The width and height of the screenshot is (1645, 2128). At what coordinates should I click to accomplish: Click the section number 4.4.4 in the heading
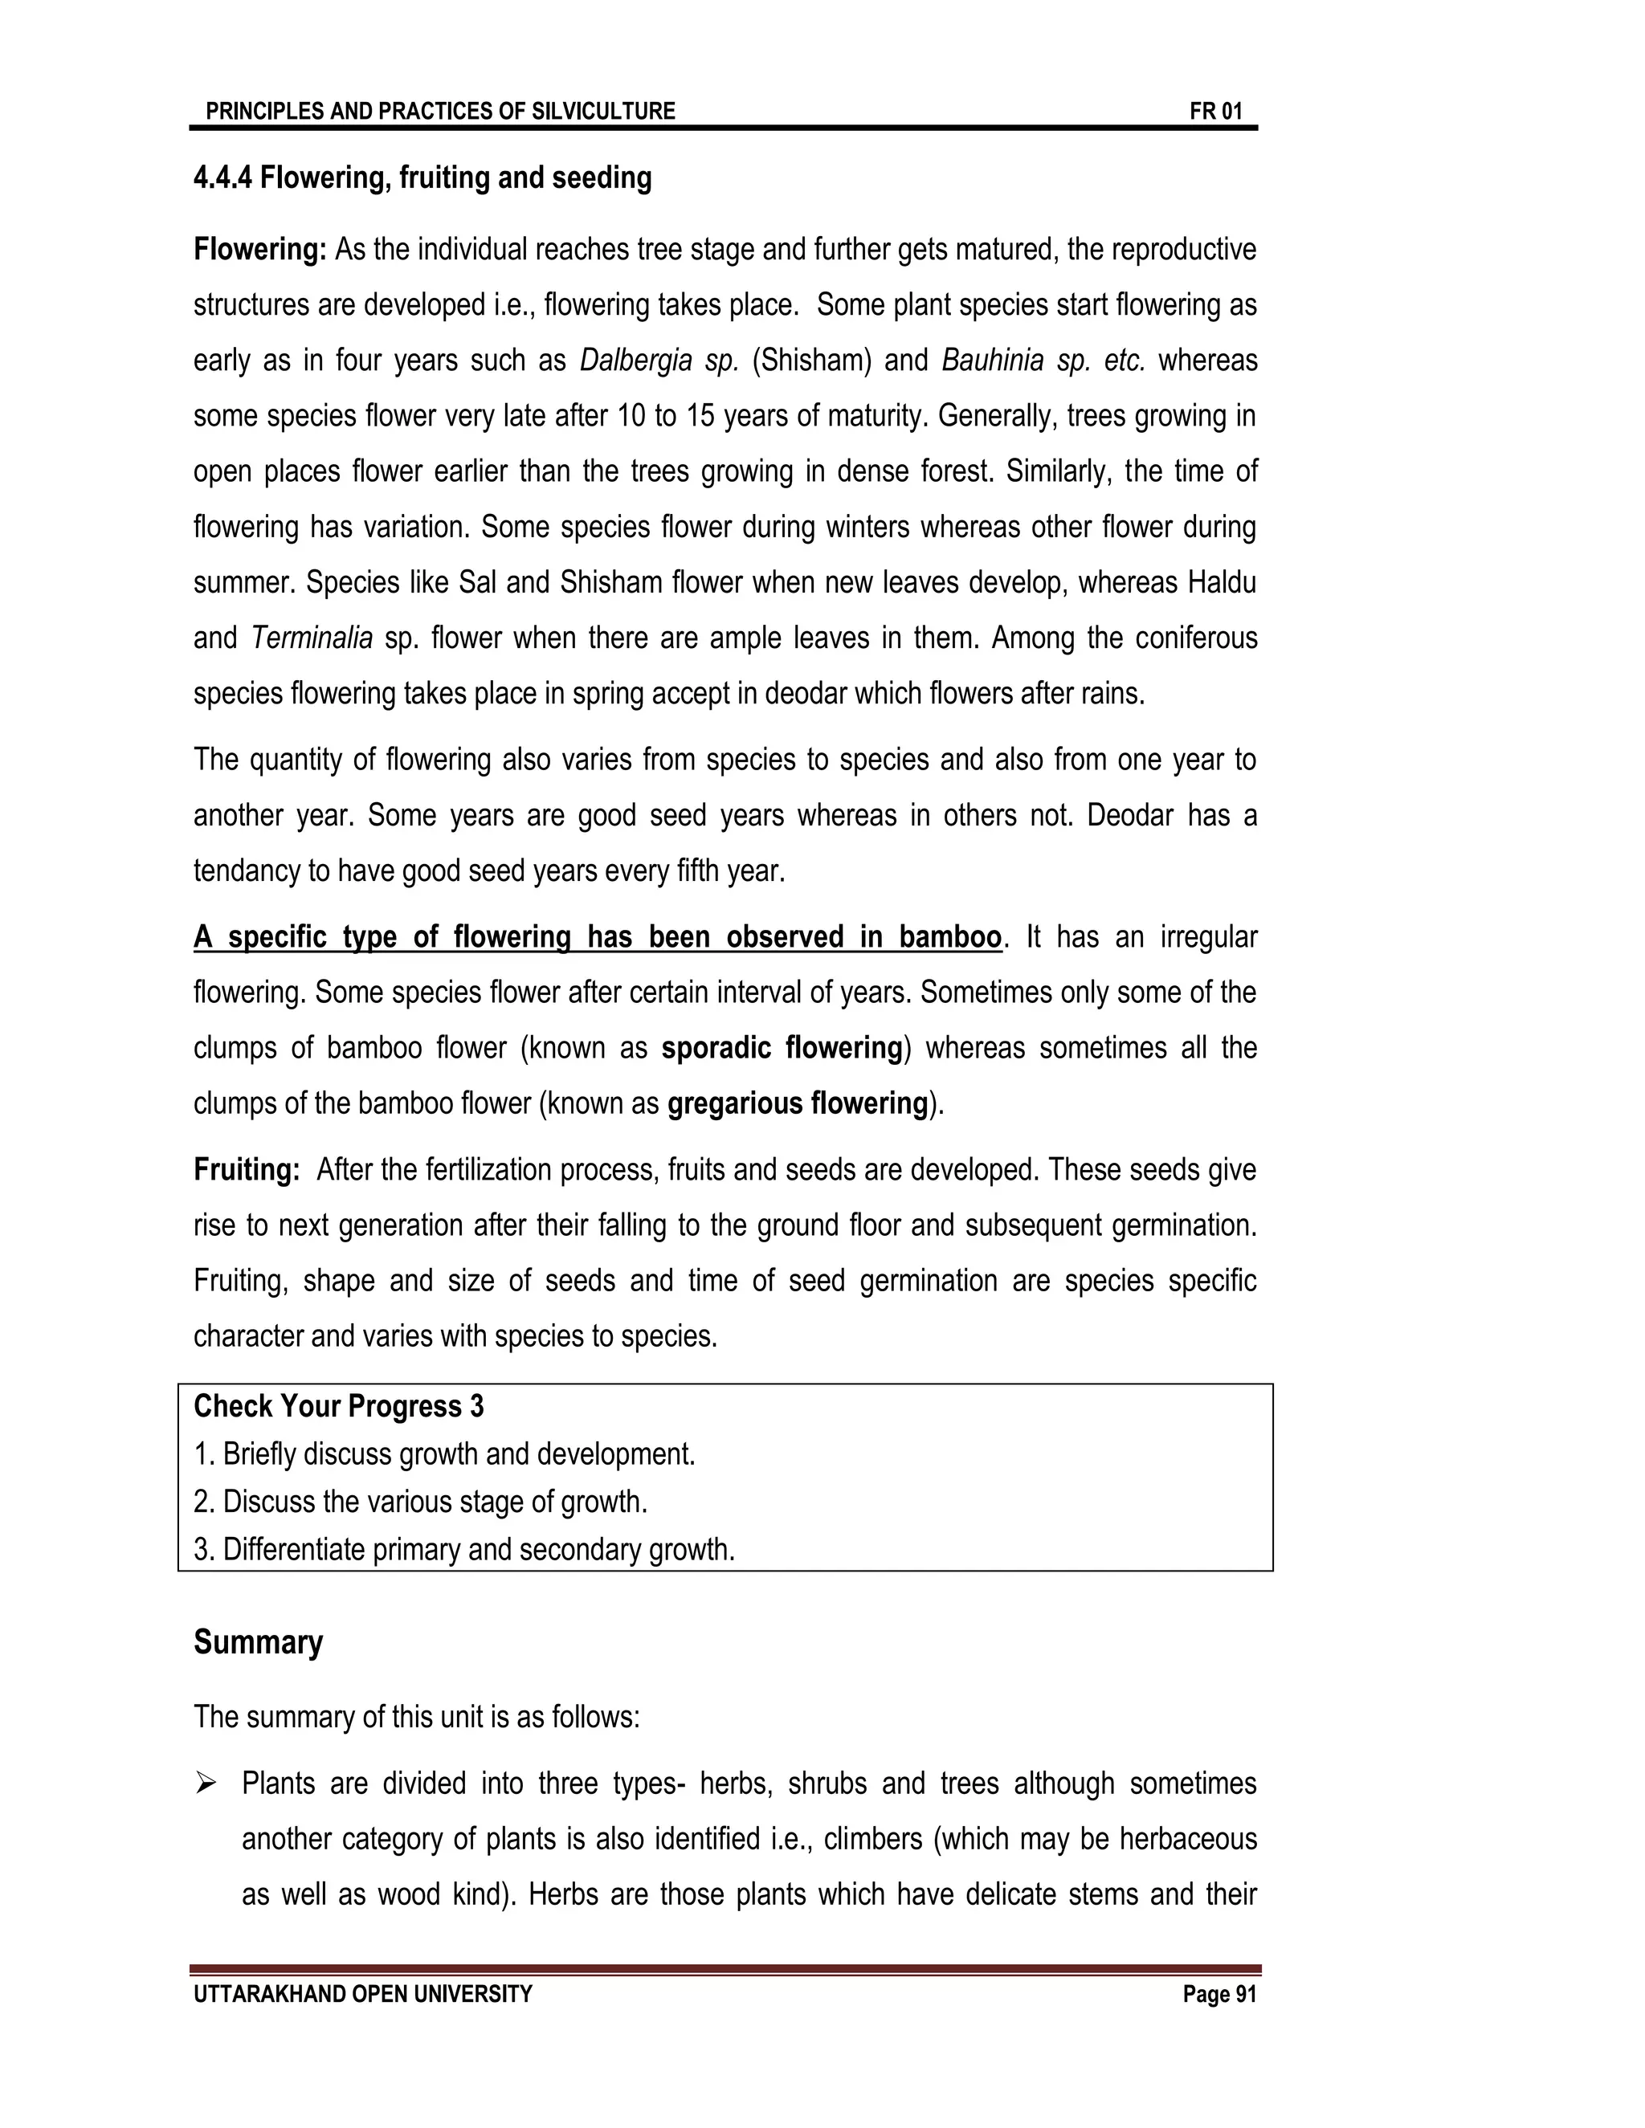[x=223, y=178]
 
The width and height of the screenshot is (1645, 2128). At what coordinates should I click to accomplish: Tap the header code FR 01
[x=1215, y=111]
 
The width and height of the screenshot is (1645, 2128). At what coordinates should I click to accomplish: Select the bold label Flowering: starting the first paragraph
[x=259, y=251]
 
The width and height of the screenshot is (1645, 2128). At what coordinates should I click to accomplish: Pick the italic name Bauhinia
[x=992, y=361]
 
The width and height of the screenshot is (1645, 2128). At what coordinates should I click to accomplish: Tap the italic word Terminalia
[x=312, y=639]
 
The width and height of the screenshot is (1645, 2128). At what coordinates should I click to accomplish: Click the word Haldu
[x=1222, y=584]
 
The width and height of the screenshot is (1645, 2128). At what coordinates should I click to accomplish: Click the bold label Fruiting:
[x=247, y=1170]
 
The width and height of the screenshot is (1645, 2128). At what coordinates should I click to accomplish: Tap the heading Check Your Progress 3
[x=338, y=1407]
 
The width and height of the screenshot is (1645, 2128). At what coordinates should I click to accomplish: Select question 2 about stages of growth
[x=420, y=1502]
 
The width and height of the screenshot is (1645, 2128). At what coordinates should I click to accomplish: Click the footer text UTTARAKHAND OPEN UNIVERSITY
[x=362, y=1995]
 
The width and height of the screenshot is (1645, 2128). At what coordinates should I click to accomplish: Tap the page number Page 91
[x=1219, y=1995]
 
